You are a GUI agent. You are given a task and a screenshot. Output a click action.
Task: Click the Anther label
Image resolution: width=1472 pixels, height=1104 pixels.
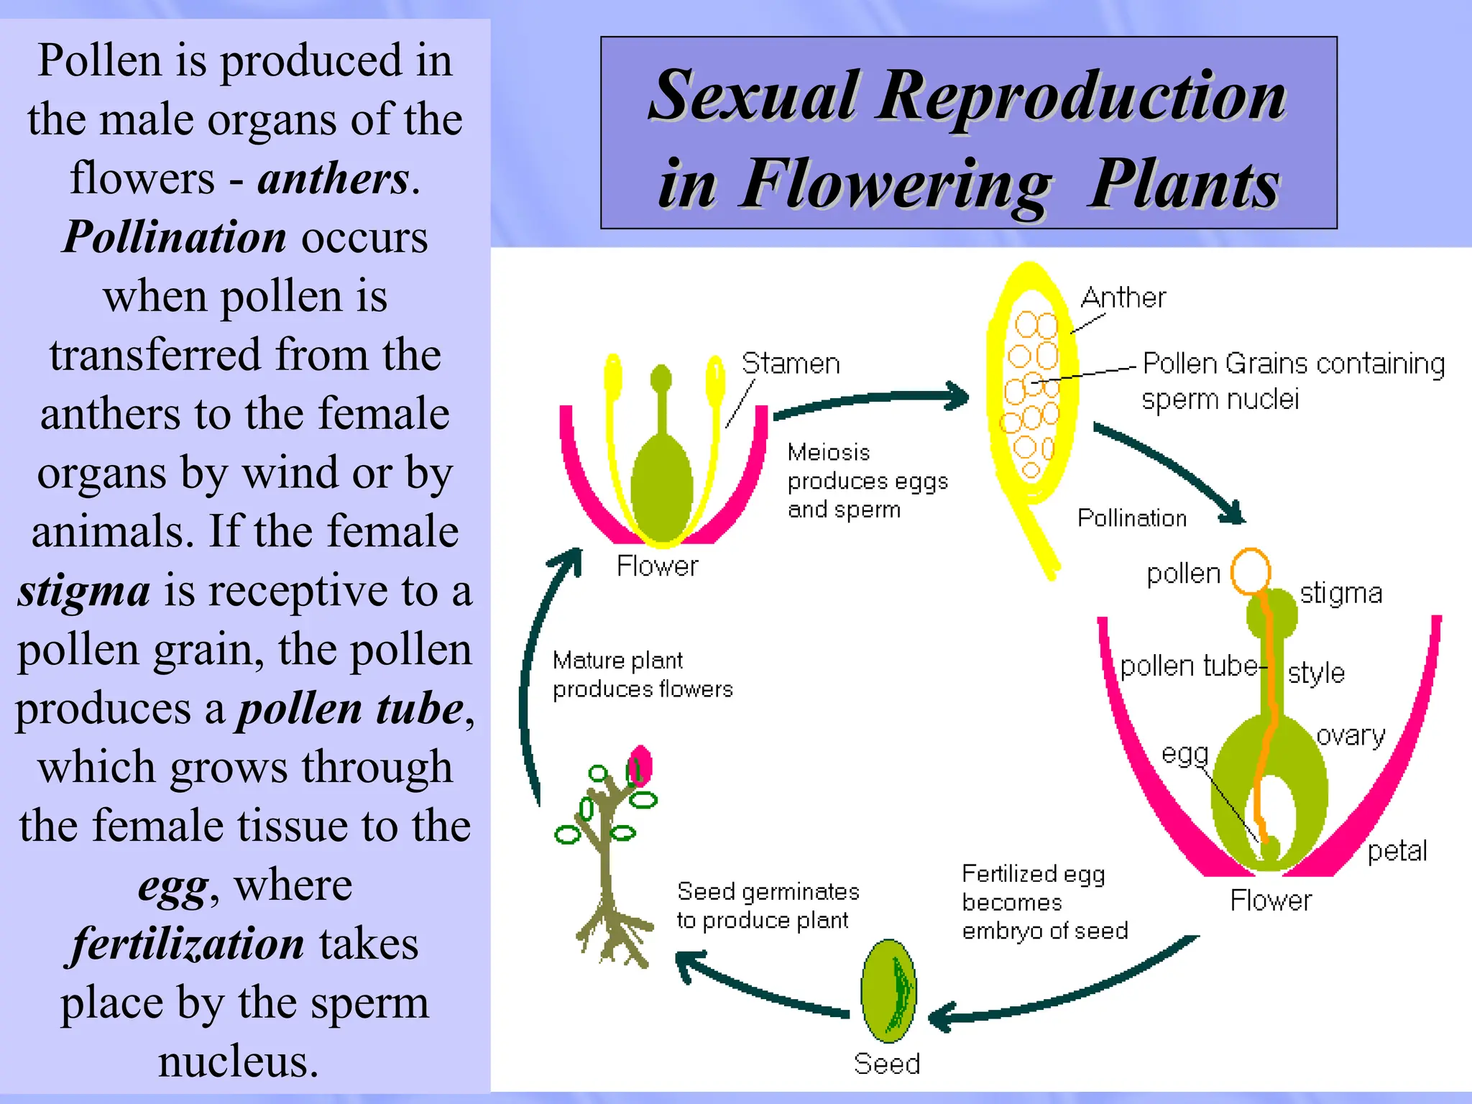[1123, 297]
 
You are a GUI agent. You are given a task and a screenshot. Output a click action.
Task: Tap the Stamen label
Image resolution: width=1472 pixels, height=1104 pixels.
[790, 363]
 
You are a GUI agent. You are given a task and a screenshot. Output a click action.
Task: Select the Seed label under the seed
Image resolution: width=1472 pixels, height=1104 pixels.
[886, 1063]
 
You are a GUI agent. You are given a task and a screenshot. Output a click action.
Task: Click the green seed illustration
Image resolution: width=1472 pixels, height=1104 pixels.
[888, 991]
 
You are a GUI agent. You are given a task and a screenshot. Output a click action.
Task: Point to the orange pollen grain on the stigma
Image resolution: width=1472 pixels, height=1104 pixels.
[1250, 571]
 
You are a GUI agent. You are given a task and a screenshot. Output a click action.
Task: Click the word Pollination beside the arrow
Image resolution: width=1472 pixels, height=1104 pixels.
[1131, 517]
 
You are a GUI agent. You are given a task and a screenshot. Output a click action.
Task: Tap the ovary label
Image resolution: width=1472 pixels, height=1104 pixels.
[1351, 735]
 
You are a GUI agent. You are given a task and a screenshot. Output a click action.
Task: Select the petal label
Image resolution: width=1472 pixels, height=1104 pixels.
[1397, 851]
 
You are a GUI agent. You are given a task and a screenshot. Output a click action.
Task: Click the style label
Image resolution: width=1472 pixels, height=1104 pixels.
[1315, 673]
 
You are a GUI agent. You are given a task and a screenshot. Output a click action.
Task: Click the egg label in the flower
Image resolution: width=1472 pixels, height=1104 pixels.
[1184, 754]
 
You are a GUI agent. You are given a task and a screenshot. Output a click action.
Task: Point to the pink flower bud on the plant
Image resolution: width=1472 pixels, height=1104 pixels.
[639, 766]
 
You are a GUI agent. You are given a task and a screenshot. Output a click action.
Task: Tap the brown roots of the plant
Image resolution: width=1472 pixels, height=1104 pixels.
[615, 934]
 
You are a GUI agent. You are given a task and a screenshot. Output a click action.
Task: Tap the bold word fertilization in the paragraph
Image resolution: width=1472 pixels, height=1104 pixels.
[188, 944]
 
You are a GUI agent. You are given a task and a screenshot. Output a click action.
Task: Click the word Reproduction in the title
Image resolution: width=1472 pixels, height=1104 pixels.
[1081, 96]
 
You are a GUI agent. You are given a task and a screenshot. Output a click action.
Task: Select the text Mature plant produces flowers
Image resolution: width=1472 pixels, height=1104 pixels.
[642, 674]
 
